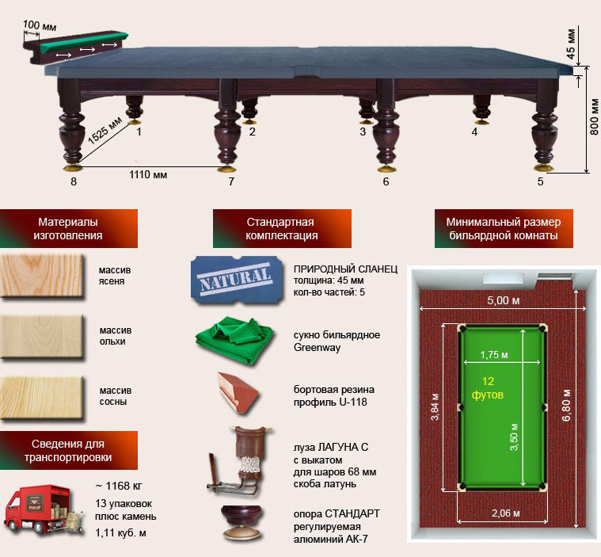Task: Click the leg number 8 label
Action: [x=74, y=182]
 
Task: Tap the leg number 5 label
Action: [x=541, y=182]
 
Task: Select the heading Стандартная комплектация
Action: [x=281, y=229]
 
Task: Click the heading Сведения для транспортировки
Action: [x=69, y=451]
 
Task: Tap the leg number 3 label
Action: [x=363, y=132]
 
